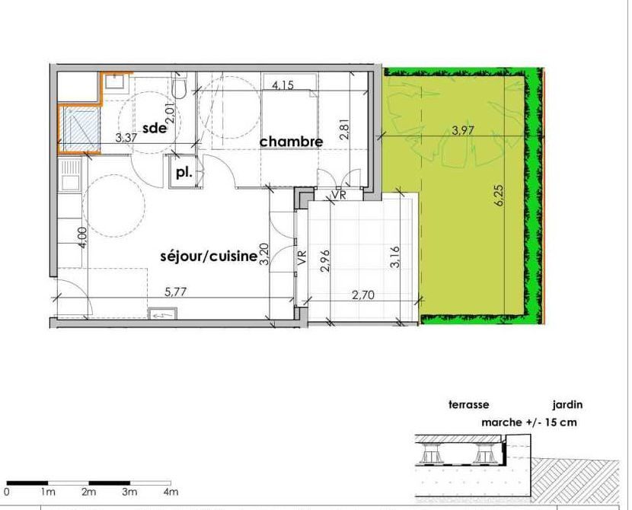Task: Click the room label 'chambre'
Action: pyautogui.click(x=291, y=142)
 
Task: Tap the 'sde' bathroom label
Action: pyautogui.click(x=155, y=128)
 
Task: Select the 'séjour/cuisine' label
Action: pyautogui.click(x=209, y=257)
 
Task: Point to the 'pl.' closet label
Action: pyautogui.click(x=184, y=173)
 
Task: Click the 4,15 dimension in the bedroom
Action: pyautogui.click(x=283, y=85)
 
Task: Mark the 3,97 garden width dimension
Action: pyautogui.click(x=463, y=130)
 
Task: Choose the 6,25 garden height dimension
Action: pyautogui.click(x=499, y=196)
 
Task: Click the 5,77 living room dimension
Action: pyautogui.click(x=176, y=292)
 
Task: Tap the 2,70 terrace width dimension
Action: pyautogui.click(x=363, y=295)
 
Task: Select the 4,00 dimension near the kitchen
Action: pyautogui.click(x=83, y=237)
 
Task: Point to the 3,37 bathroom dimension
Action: pyautogui.click(x=126, y=138)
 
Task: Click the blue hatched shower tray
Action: pyautogui.click(x=79, y=129)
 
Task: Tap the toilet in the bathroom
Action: pyautogui.click(x=178, y=85)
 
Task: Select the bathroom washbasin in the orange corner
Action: pyautogui.click(x=116, y=82)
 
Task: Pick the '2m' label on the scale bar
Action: pyautogui.click(x=88, y=492)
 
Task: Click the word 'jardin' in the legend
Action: pyautogui.click(x=567, y=404)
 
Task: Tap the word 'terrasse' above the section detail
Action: pyautogui.click(x=469, y=404)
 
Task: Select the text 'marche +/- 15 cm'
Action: pyautogui.click(x=528, y=422)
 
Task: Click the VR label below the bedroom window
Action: pyautogui.click(x=339, y=195)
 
